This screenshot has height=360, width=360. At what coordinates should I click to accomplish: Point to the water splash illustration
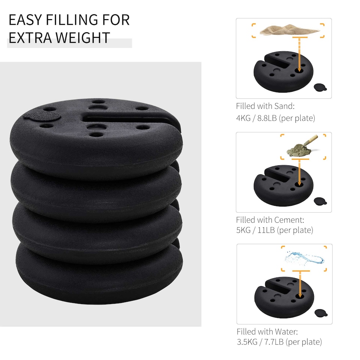[x=304, y=258]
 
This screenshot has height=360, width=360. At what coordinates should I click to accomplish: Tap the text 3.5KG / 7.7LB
[x=259, y=342]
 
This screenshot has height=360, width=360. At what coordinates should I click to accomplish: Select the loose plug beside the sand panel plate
[x=320, y=87]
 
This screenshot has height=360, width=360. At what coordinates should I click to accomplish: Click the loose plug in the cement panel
[x=320, y=201]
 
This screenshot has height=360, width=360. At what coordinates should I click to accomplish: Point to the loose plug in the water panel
[x=320, y=313]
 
